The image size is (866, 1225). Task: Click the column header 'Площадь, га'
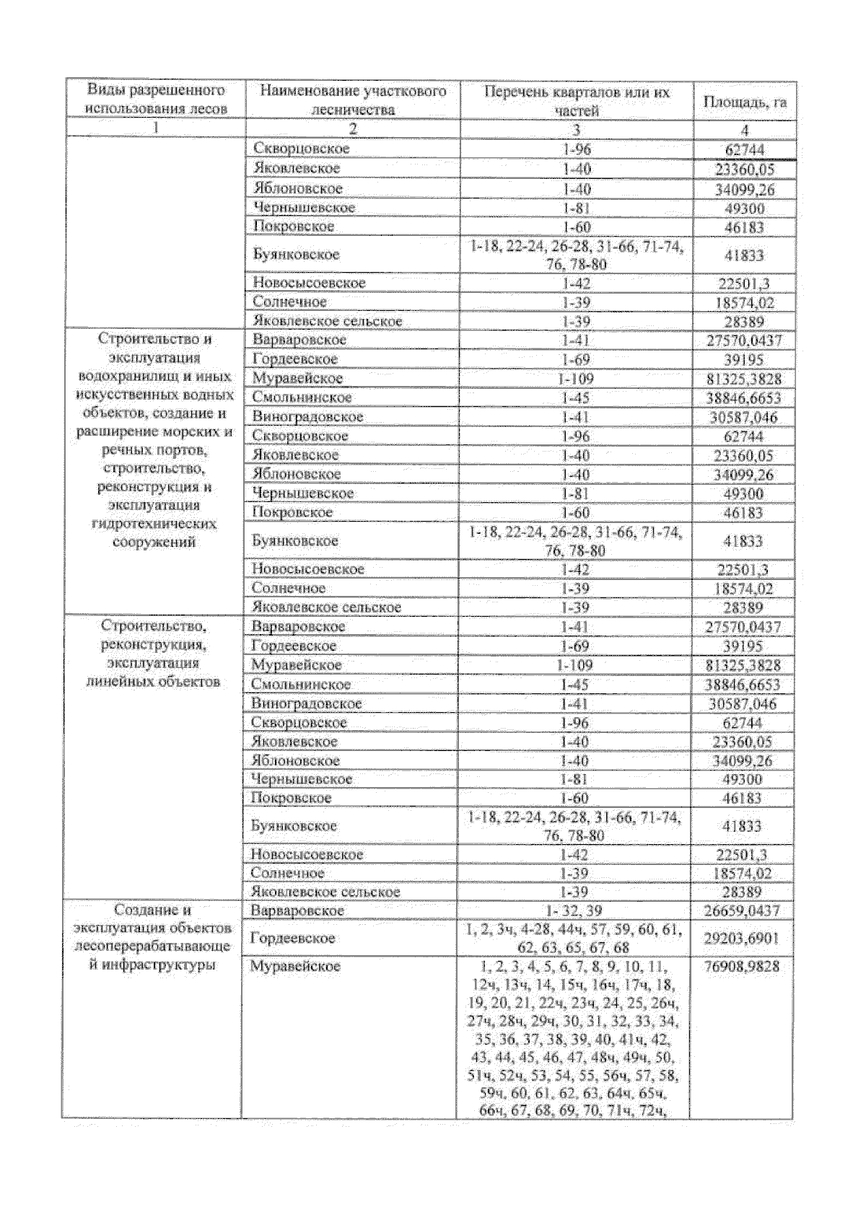[x=744, y=102]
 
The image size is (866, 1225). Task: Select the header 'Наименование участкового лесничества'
[x=353, y=100]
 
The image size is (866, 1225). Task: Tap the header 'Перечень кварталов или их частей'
[x=577, y=101]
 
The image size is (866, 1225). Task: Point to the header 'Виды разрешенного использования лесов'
[x=156, y=100]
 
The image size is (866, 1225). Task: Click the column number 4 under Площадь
[x=744, y=131]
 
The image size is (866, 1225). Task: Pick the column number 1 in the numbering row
[x=156, y=129]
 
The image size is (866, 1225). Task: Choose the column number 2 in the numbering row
[x=353, y=130]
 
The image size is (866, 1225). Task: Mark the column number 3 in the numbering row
[x=577, y=131]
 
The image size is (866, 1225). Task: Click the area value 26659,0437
[x=743, y=911]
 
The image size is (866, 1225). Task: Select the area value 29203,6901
[x=743, y=939]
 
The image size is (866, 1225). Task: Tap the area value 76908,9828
[x=743, y=967]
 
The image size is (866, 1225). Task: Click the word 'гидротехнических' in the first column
[x=154, y=524]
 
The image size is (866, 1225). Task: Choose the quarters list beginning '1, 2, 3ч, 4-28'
[x=574, y=939]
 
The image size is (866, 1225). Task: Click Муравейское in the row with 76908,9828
[x=295, y=967]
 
